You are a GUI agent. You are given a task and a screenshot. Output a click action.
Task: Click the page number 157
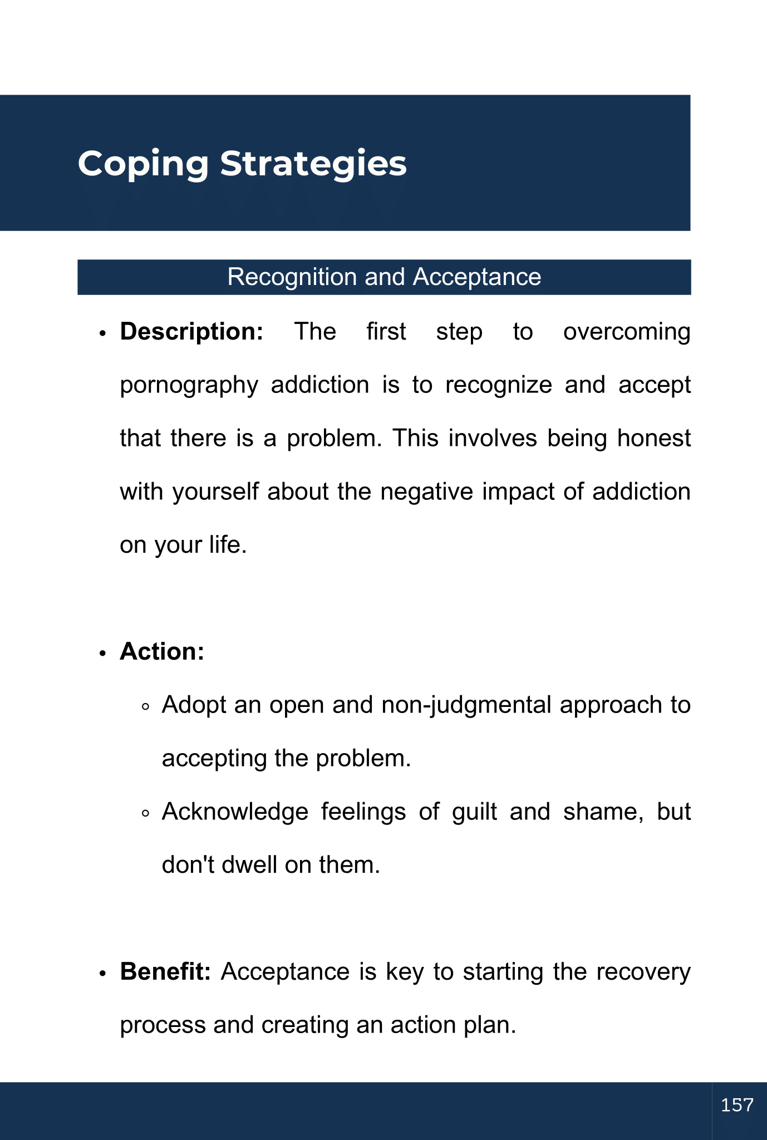pyautogui.click(x=737, y=1105)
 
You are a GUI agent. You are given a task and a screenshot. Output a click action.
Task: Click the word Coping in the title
pyautogui.click(x=143, y=164)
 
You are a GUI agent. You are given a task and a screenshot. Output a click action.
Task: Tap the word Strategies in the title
pyautogui.click(x=313, y=164)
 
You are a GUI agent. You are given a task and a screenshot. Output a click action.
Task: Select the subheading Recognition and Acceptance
pyautogui.click(x=384, y=277)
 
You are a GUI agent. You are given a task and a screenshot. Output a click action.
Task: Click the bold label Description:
pyautogui.click(x=191, y=332)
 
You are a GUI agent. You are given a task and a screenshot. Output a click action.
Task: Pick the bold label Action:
pyautogui.click(x=162, y=651)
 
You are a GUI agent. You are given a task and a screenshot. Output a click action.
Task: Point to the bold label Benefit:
pyautogui.click(x=165, y=971)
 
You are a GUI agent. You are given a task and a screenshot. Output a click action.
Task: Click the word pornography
pyautogui.click(x=189, y=386)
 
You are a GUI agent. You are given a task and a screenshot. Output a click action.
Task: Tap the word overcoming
pyautogui.click(x=627, y=332)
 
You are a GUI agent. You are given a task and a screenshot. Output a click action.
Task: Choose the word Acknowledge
pyautogui.click(x=235, y=812)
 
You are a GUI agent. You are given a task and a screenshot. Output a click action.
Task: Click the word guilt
pyautogui.click(x=474, y=812)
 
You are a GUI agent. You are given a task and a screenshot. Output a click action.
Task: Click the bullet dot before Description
pyautogui.click(x=102, y=333)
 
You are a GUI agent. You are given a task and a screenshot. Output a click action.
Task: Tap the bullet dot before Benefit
pyautogui.click(x=102, y=974)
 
